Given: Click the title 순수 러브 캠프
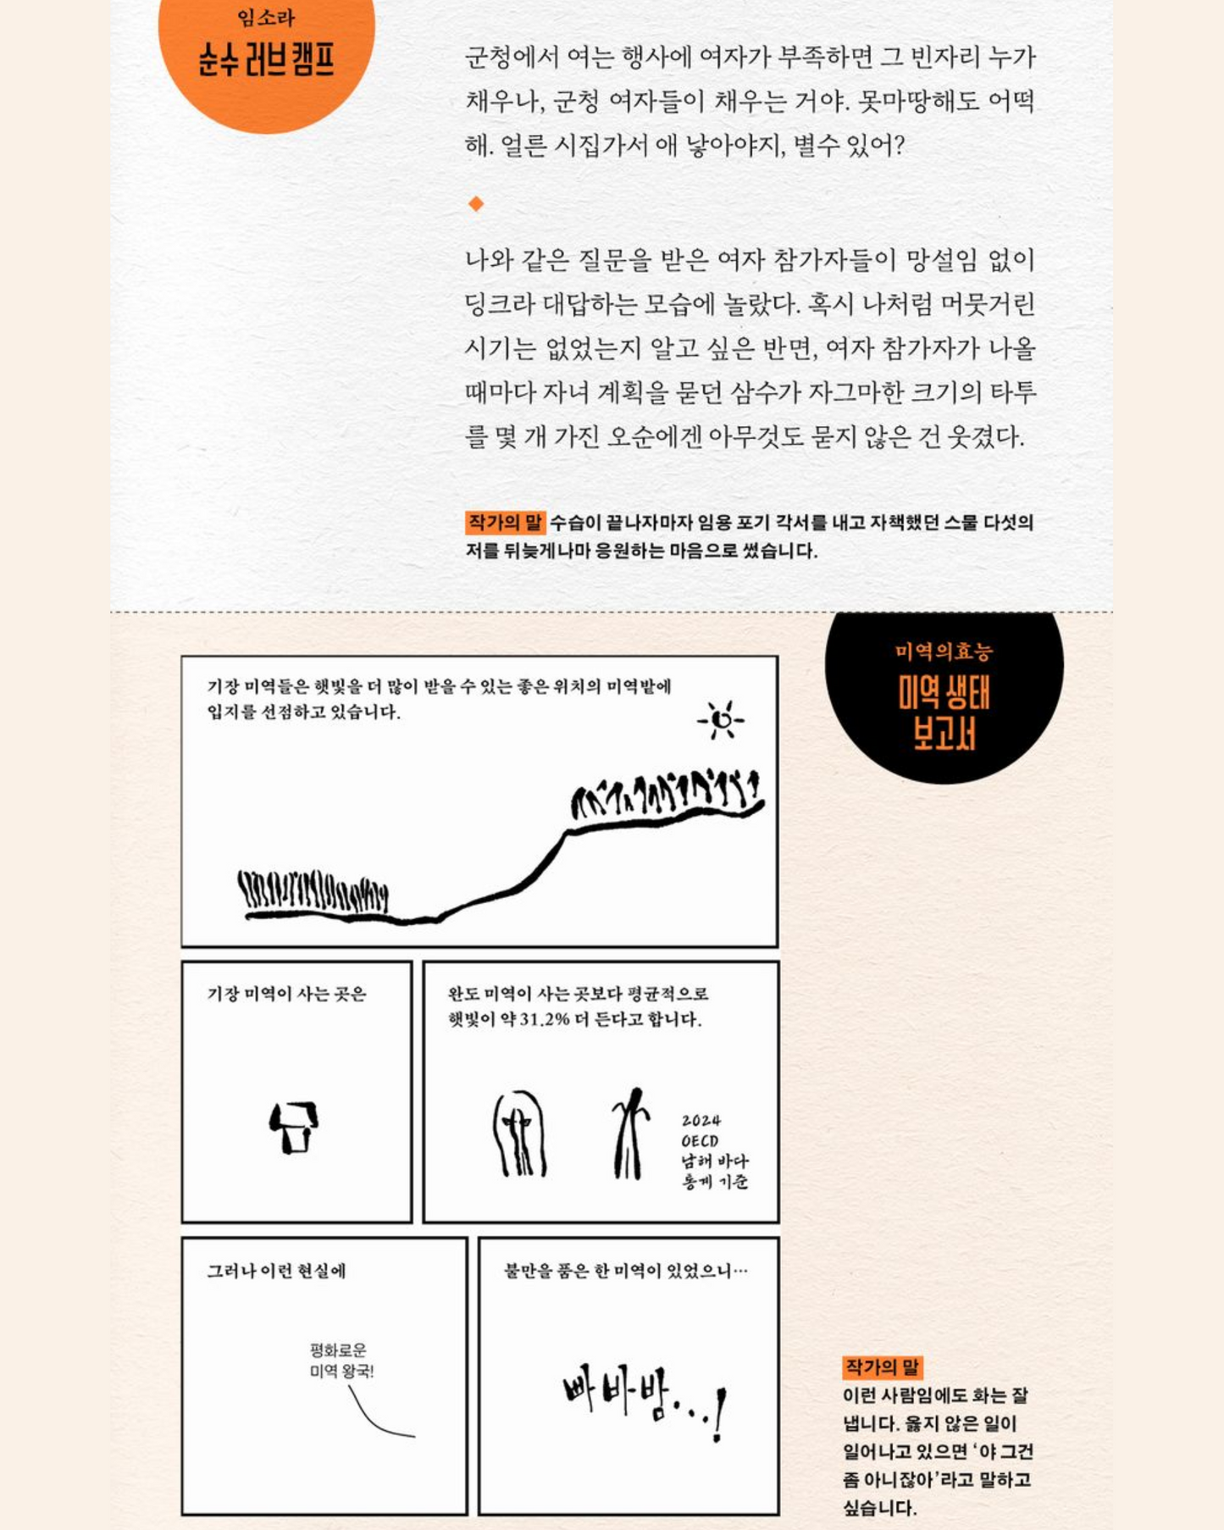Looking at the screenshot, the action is point(267,60).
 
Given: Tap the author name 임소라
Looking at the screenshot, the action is point(266,17).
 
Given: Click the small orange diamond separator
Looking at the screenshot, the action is point(476,203).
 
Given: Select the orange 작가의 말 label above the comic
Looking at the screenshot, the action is point(505,522).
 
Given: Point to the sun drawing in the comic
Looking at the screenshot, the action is point(722,720).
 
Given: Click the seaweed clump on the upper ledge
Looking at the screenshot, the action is point(664,793).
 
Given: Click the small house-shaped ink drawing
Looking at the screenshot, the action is point(294,1127).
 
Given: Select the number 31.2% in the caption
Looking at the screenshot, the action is point(543,1019).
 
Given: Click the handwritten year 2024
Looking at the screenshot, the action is point(701,1120).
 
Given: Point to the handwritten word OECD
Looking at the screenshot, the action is point(700,1141).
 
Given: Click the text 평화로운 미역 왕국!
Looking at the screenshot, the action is point(341,1361).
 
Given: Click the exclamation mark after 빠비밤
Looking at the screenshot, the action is point(719,1414).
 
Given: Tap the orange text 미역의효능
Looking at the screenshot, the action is point(944,651).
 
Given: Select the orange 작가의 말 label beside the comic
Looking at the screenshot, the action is point(883,1366).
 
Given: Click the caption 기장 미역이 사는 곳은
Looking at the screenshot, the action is point(287,994).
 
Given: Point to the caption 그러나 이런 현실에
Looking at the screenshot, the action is point(277,1271).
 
